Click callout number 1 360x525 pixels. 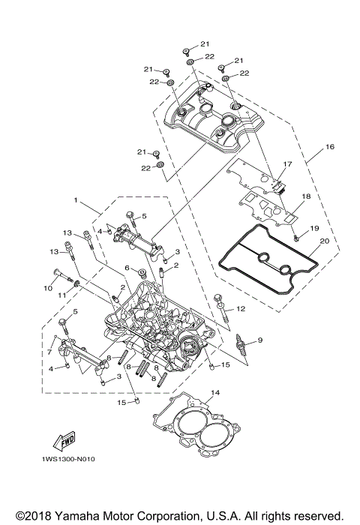click(76, 201)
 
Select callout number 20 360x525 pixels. click(324, 241)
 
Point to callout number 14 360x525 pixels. click(214, 392)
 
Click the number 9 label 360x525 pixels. click(260, 340)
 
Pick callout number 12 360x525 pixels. click(241, 308)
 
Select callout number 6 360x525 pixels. click(127, 268)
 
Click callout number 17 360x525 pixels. click(286, 163)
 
